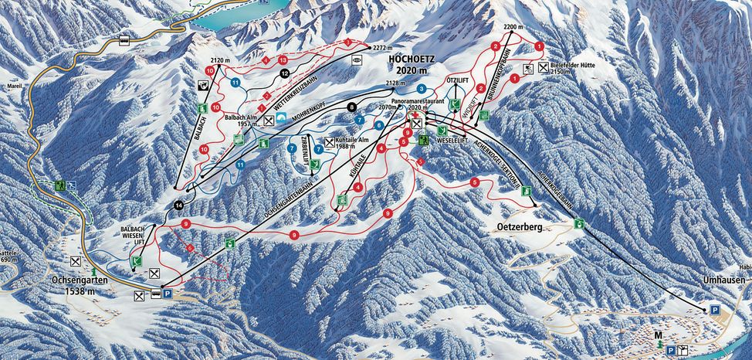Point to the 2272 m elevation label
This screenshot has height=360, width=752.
click(x=383, y=47)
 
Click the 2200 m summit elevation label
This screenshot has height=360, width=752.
click(x=513, y=27)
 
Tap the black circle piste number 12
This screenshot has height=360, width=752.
click(x=285, y=73)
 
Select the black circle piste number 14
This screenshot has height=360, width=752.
click(x=178, y=205)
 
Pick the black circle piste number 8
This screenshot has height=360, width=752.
click(x=352, y=107)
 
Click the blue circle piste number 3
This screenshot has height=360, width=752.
click(x=422, y=90)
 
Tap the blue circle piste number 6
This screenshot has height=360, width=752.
click(x=379, y=124)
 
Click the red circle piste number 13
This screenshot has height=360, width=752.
click(x=283, y=59)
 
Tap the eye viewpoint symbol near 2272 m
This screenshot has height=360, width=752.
click(x=356, y=59)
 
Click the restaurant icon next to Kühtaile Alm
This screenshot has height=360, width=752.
click(x=330, y=142)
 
